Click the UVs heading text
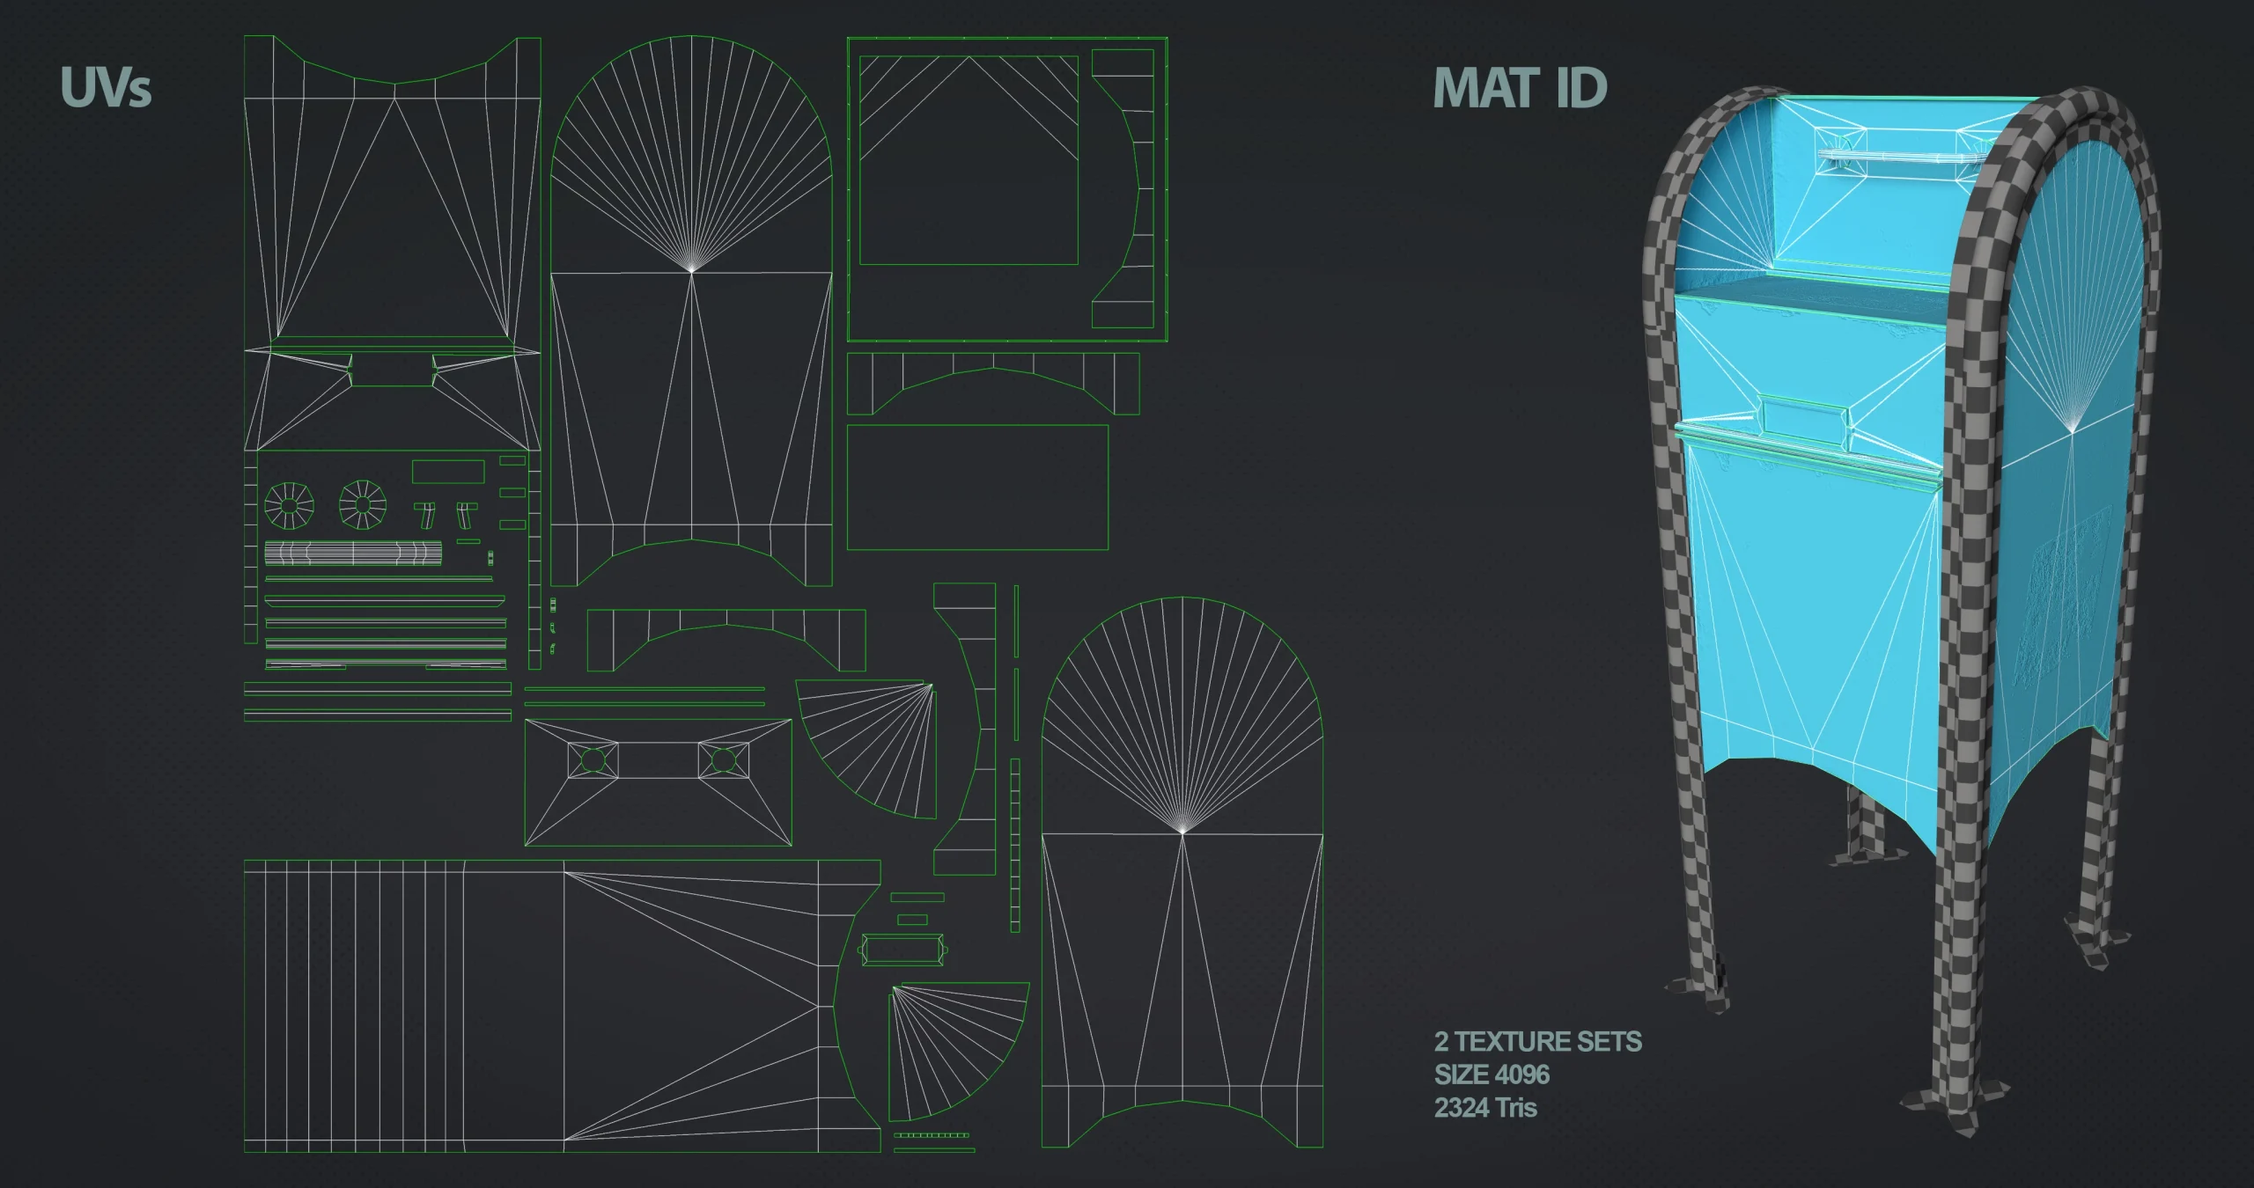(x=106, y=88)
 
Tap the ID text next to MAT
(x=1581, y=88)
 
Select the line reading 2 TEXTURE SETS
(x=1537, y=1042)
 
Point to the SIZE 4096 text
(x=1492, y=1074)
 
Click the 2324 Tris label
(x=1485, y=1107)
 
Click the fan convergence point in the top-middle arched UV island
(x=692, y=270)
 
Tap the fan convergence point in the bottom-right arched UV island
(x=1182, y=831)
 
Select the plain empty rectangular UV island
(x=977, y=488)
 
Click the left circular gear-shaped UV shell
(x=289, y=505)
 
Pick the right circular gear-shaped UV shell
(x=363, y=505)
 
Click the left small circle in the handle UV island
(x=593, y=759)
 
